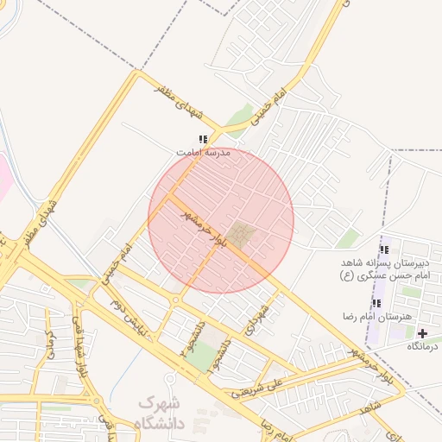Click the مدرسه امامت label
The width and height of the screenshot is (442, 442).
(x=205, y=152)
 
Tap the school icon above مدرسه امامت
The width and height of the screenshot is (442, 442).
(x=203, y=138)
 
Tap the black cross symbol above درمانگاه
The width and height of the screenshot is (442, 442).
(x=422, y=333)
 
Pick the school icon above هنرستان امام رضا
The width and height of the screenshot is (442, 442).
(x=376, y=303)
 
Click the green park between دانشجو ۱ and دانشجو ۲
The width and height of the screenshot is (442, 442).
(x=200, y=357)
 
